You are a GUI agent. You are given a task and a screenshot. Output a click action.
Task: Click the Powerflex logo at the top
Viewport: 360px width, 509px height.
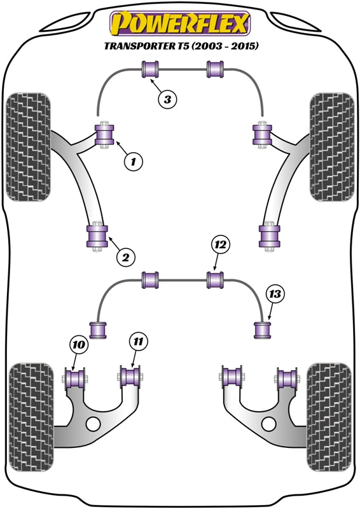(180, 24)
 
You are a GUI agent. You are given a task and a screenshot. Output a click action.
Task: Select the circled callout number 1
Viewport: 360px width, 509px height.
(133, 161)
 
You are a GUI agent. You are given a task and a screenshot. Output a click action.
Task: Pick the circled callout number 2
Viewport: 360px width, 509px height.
(126, 258)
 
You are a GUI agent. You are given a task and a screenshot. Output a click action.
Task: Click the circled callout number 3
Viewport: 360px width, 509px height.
(167, 99)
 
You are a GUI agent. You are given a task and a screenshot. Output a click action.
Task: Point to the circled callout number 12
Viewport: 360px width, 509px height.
(221, 245)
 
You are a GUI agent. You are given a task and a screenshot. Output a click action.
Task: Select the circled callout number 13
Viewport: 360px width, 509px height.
(275, 294)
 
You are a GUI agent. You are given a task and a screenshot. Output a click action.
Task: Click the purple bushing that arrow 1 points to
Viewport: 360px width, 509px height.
(104, 134)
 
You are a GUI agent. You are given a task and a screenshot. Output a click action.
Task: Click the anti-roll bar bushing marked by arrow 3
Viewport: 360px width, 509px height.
(150, 69)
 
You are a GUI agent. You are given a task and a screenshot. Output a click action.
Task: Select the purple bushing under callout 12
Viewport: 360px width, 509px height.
(216, 280)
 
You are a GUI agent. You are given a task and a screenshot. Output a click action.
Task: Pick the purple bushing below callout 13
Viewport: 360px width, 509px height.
(262, 330)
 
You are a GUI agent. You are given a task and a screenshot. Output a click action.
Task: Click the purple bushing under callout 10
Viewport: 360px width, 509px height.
(75, 379)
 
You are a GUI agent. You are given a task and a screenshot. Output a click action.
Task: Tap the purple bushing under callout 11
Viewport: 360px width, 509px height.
(130, 376)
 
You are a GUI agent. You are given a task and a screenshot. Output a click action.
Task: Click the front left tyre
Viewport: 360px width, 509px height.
(29, 147)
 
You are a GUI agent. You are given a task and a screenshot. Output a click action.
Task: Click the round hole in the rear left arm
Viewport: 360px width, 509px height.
(93, 424)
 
